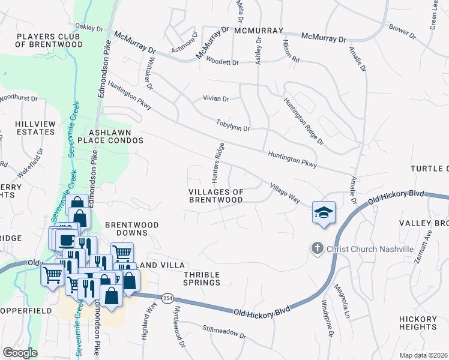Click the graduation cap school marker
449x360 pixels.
point(324,212)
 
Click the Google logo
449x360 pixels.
point(19,353)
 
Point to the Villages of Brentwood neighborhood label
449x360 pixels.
point(216,196)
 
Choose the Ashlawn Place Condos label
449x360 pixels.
point(116,136)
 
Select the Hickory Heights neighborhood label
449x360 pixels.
point(417,323)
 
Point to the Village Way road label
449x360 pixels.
point(284,193)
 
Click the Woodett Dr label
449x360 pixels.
point(221,62)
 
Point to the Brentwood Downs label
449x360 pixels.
point(131,229)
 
